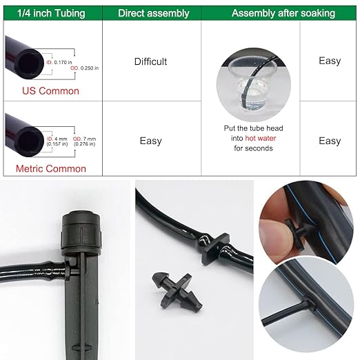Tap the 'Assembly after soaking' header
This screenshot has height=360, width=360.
pyautogui.click(x=283, y=13)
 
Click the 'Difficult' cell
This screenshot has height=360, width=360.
pyautogui.click(x=150, y=61)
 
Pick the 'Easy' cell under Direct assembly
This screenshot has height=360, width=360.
pyautogui.click(x=150, y=141)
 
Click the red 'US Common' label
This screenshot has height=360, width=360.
pyautogui.click(x=50, y=90)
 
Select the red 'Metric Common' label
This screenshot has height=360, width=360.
pyautogui.click(x=51, y=168)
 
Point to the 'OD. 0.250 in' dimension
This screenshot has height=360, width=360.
pyautogui.click(x=84, y=68)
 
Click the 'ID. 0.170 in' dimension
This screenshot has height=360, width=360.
pyautogui.click(x=60, y=62)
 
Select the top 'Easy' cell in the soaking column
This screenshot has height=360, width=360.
pyautogui.click(x=330, y=61)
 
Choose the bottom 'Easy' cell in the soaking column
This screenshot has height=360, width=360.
pyautogui.click(x=330, y=141)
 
